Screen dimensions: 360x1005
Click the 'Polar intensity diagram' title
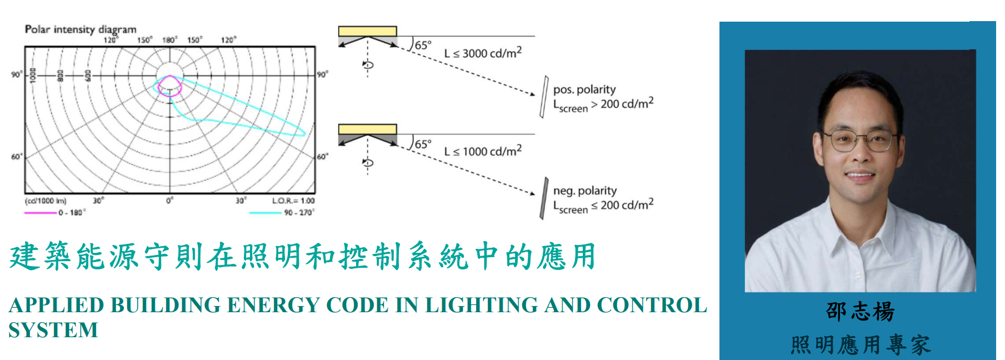click(x=81, y=29)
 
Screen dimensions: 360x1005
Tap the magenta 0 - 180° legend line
click(x=40, y=213)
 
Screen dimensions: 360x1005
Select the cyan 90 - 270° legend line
click(x=265, y=213)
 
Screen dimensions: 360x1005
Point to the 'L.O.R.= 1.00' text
click(x=293, y=201)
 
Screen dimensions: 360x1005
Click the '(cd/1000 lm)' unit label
click(x=46, y=201)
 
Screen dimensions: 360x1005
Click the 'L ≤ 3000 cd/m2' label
click(x=483, y=53)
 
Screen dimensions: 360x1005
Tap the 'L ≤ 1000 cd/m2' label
click(x=483, y=151)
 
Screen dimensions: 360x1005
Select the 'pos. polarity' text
click(x=584, y=89)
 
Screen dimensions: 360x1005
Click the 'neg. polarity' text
click(x=585, y=191)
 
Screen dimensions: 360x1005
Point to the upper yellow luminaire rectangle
click(x=367, y=31)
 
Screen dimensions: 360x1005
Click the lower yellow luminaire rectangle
click(x=367, y=129)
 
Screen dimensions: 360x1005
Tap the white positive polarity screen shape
click(x=544, y=97)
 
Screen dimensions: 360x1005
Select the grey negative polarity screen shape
click(x=544, y=198)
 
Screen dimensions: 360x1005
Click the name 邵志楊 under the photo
click(x=860, y=312)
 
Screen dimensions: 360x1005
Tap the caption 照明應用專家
click(x=860, y=345)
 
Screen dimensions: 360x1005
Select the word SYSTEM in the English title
click(x=53, y=330)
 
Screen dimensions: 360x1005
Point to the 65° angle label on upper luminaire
click(x=423, y=45)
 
